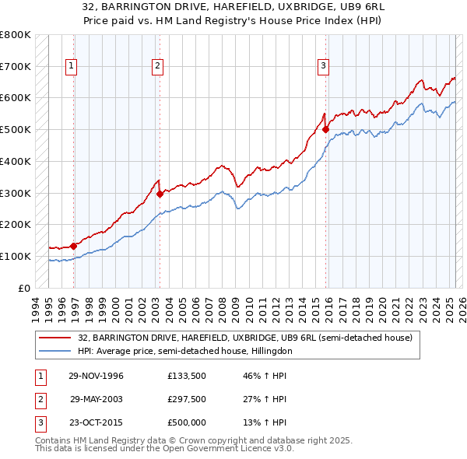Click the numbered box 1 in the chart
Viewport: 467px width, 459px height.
click(71, 67)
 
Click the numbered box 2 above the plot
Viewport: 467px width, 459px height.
click(157, 67)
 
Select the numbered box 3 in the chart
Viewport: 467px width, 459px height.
click(322, 67)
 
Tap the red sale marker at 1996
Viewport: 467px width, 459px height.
click(74, 246)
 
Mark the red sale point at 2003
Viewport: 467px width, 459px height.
click(160, 194)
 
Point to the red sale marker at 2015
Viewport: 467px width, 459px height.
click(325, 129)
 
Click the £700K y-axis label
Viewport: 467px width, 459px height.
click(16, 67)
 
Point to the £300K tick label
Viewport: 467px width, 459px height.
click(16, 193)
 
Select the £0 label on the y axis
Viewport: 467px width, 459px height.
click(25, 288)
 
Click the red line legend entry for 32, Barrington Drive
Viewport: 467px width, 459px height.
click(249, 338)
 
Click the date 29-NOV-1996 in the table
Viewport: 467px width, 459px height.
click(97, 377)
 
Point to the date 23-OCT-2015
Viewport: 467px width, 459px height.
click(97, 422)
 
